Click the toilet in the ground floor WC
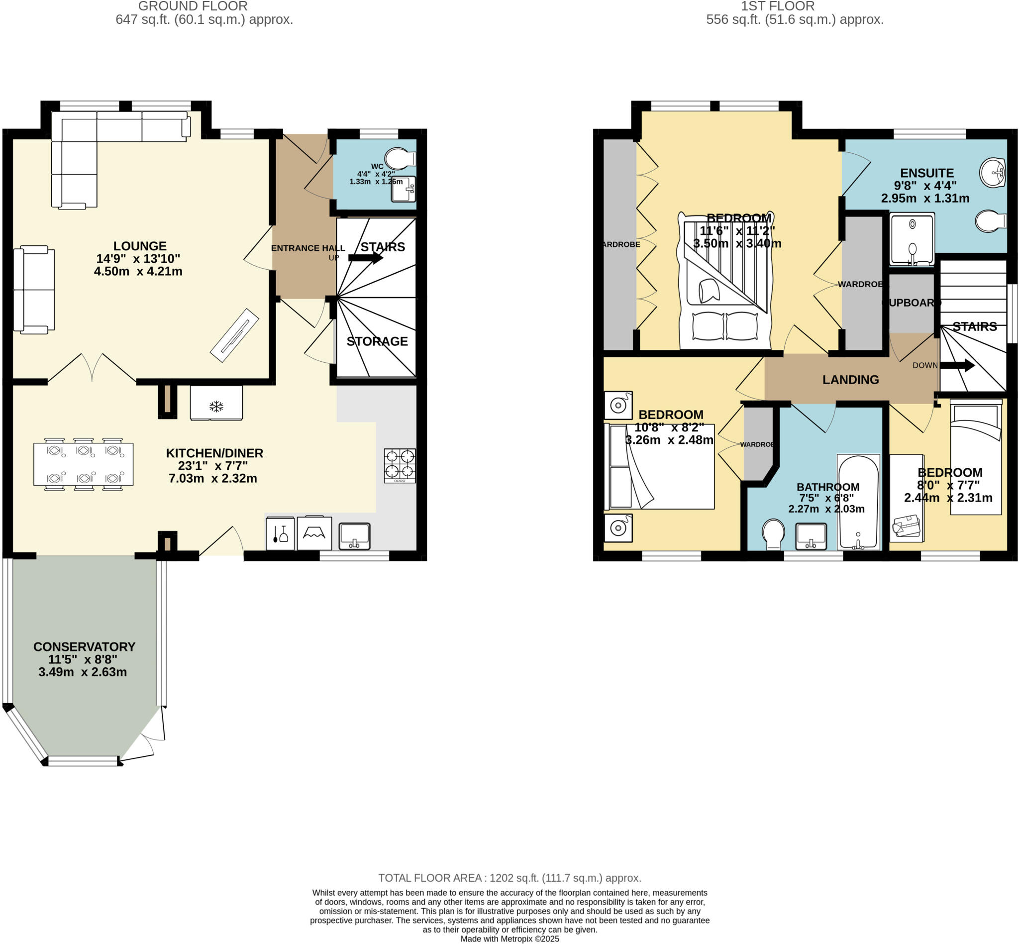(x=401, y=159)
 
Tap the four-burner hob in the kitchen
(x=400, y=465)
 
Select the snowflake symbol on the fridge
(x=216, y=407)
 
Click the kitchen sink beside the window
(x=354, y=536)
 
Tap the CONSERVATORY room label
(x=84, y=647)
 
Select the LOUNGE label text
(x=139, y=246)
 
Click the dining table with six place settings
(x=83, y=464)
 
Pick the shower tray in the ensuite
(x=912, y=238)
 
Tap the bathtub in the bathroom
(x=858, y=502)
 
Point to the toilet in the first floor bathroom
(x=773, y=534)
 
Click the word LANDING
(x=850, y=380)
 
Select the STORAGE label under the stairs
(x=377, y=341)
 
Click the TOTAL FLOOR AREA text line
(x=509, y=878)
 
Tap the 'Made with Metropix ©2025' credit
(x=509, y=939)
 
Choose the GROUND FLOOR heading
(x=193, y=6)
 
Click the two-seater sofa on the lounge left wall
(x=34, y=290)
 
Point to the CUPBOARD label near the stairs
(x=911, y=303)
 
